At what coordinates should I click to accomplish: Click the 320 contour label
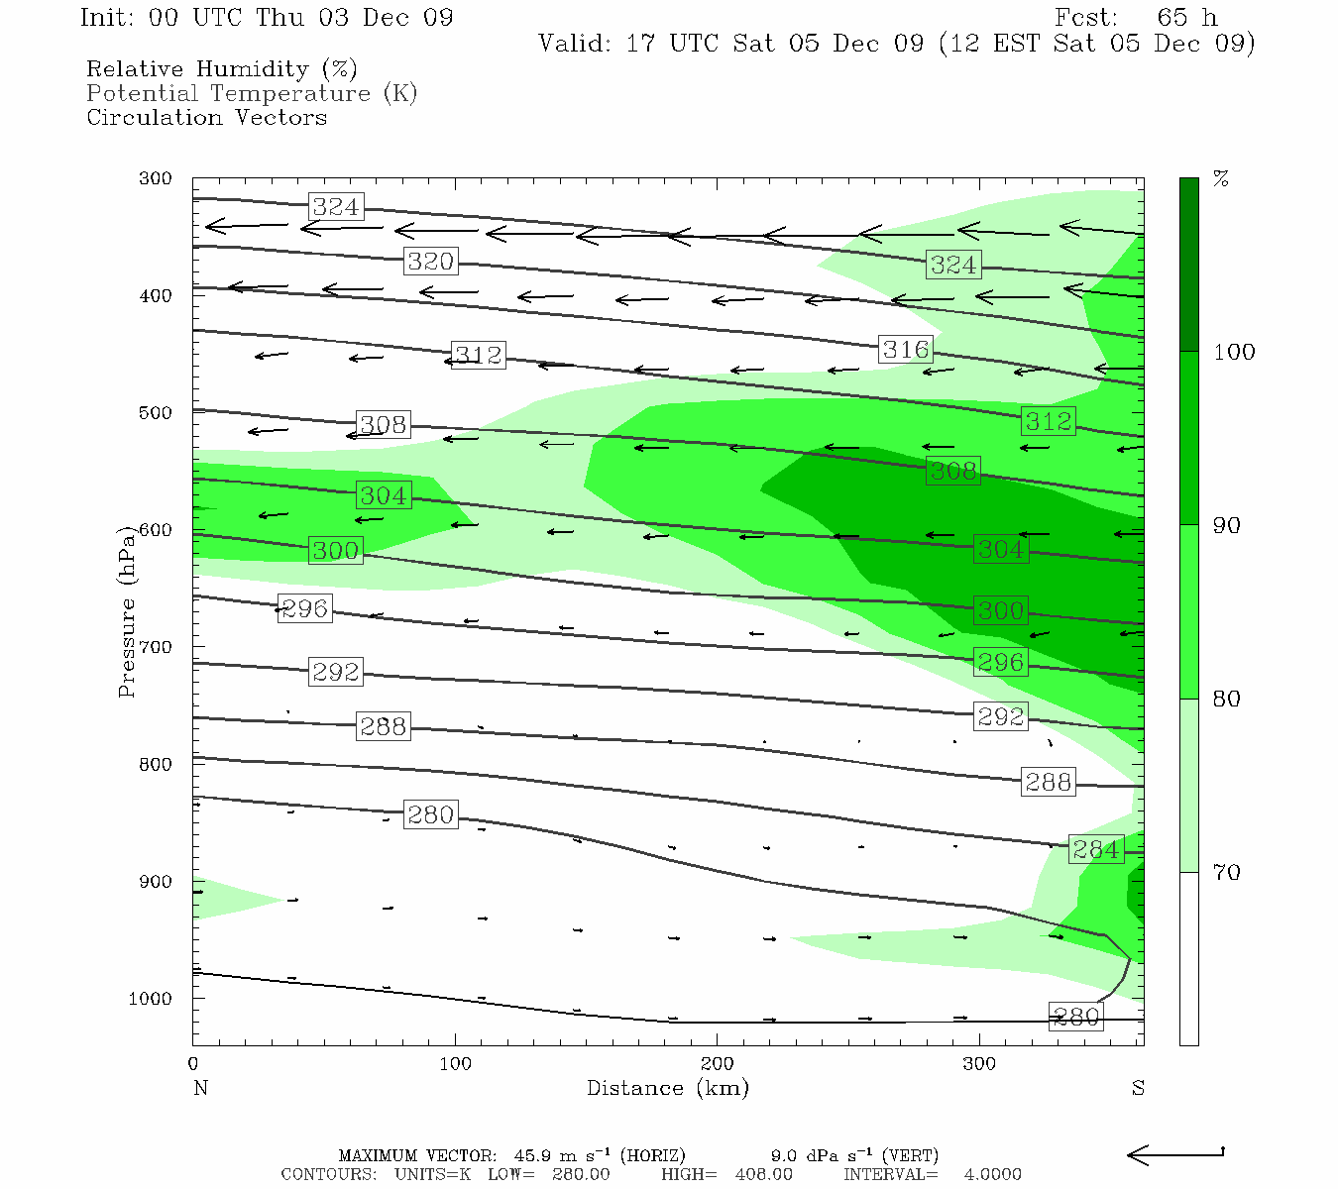click(x=430, y=262)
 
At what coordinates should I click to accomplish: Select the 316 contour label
click(x=905, y=350)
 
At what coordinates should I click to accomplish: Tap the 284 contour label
click(x=1096, y=850)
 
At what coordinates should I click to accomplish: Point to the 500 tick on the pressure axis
click(x=156, y=412)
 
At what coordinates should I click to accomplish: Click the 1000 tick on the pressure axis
click(x=151, y=999)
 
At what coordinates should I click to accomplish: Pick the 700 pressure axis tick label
click(x=156, y=647)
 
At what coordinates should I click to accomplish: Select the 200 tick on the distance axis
click(x=717, y=1063)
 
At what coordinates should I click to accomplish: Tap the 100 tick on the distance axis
click(x=455, y=1063)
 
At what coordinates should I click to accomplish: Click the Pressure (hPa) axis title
click(x=126, y=611)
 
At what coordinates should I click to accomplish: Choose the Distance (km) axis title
click(x=667, y=1088)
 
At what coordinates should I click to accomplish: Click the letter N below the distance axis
click(x=200, y=1088)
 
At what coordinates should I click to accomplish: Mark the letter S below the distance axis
click(x=1138, y=1088)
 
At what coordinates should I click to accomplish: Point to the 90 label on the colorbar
click(x=1227, y=525)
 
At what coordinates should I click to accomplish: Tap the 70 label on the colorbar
click(x=1227, y=872)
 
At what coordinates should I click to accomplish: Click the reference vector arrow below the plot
click(x=1175, y=1154)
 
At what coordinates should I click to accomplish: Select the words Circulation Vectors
click(x=206, y=117)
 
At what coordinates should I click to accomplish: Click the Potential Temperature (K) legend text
click(x=252, y=93)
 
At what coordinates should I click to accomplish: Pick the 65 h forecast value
click(x=1186, y=18)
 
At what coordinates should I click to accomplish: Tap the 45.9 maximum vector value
click(x=534, y=1155)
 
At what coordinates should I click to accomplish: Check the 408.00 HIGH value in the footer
click(x=763, y=1174)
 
